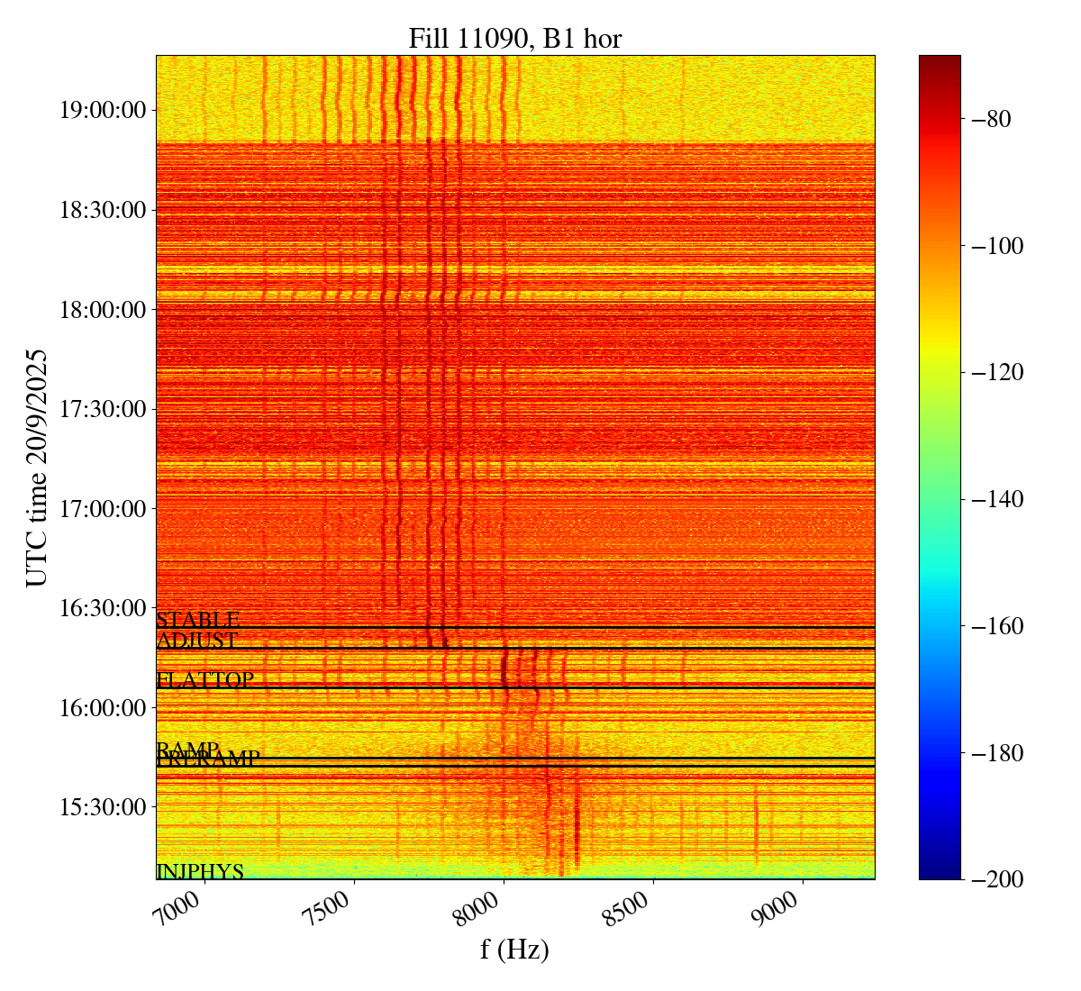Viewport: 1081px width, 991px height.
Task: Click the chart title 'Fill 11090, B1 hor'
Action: [x=514, y=39]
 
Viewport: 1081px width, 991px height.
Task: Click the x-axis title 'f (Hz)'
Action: [x=514, y=950]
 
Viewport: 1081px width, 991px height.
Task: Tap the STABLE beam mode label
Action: [x=197, y=621]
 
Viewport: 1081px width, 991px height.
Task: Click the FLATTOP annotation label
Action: [x=204, y=680]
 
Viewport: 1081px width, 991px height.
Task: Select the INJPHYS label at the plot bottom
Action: [x=200, y=872]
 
